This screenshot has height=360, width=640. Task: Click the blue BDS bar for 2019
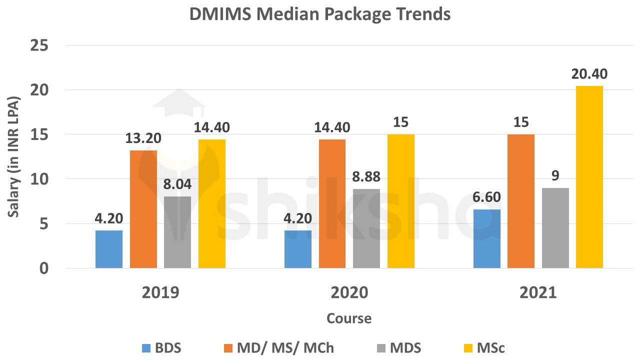tap(109, 249)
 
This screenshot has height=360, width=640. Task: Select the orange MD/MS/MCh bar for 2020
tap(332, 203)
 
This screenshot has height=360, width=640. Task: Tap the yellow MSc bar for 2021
tap(589, 177)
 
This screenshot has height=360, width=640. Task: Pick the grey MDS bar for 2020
tap(366, 228)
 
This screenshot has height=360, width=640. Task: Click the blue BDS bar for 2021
tap(487, 238)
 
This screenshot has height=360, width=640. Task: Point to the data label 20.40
tap(589, 74)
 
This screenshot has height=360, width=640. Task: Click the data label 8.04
tap(177, 184)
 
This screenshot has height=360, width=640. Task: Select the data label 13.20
tap(143, 138)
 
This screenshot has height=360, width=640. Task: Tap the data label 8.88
tap(366, 177)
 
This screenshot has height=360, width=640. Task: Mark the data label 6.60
tap(487, 197)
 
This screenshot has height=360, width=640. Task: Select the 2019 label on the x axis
tap(160, 292)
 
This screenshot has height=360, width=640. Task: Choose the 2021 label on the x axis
tap(538, 292)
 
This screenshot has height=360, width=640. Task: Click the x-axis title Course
tap(349, 318)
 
